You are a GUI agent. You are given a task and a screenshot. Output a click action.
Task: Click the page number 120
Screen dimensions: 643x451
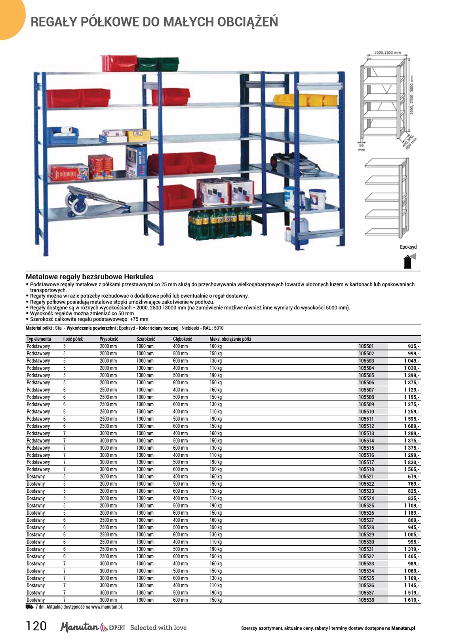coord(36,626)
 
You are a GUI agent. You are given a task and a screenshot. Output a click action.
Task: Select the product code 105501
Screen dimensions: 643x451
coord(366,346)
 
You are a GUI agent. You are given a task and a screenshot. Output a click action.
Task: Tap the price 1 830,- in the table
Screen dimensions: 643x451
coord(412,462)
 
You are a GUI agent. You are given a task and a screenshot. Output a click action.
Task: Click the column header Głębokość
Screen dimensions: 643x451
coord(182,339)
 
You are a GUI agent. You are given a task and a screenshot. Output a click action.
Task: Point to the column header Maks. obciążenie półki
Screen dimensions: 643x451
coord(230,339)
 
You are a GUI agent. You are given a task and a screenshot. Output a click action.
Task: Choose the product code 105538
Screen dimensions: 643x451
coord(366,600)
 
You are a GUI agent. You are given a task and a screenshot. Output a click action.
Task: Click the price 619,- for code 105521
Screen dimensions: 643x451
coord(413,477)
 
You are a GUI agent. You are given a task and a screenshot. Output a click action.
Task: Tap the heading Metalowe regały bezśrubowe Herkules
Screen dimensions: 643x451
coord(89,277)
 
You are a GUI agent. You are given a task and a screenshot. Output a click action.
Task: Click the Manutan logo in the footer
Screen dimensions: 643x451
coord(80,627)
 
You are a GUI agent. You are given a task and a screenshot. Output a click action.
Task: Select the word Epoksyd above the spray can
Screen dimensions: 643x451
coord(408,247)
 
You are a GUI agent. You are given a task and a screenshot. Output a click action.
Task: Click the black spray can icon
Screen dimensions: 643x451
coord(407,262)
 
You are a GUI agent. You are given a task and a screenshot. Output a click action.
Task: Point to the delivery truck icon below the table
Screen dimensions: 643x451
coord(29,607)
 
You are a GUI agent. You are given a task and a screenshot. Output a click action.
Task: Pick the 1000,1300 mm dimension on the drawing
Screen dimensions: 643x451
coord(387,52)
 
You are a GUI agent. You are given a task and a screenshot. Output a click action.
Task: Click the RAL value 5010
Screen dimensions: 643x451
coord(219,328)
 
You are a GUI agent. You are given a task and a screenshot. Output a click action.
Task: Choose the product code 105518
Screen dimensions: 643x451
coord(366,469)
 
